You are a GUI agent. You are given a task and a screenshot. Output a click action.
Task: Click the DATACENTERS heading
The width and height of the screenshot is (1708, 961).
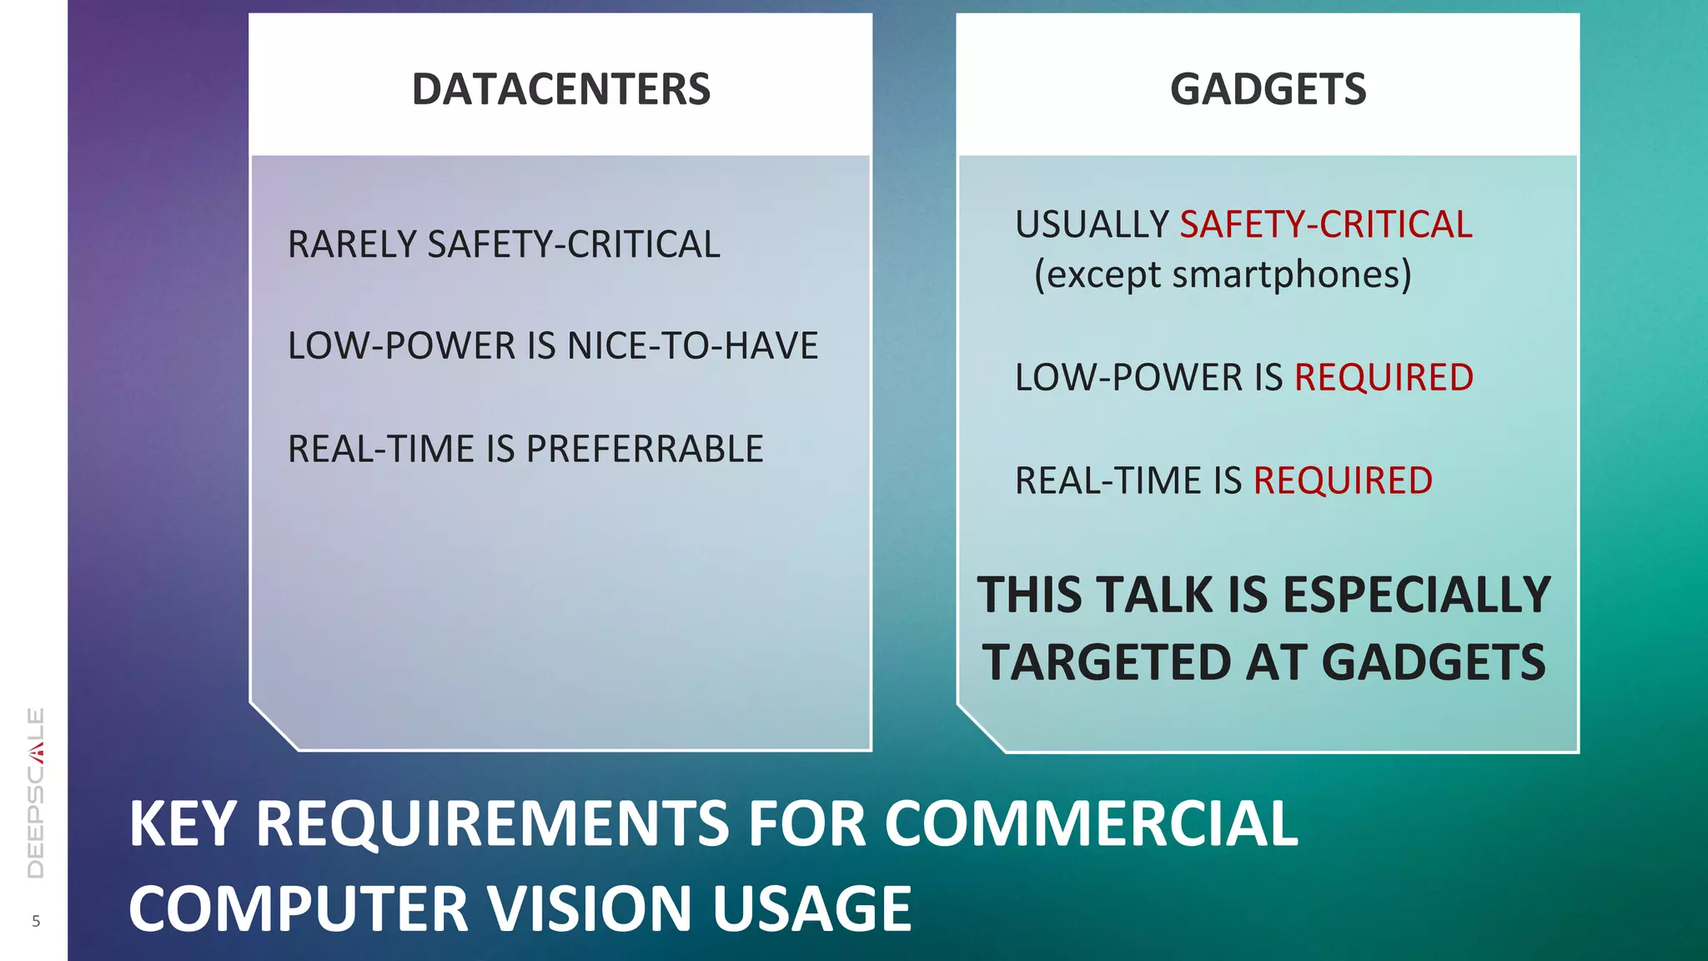click(560, 89)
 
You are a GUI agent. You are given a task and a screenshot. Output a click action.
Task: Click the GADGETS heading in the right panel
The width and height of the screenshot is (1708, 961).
click(1268, 89)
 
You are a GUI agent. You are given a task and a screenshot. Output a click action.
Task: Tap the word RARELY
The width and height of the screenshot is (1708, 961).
click(351, 244)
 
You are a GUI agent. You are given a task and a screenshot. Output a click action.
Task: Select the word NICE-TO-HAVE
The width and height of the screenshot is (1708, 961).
click(692, 346)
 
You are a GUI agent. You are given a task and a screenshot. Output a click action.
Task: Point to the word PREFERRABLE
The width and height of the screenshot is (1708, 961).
click(645, 449)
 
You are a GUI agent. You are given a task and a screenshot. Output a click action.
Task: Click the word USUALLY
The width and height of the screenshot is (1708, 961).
click(1092, 224)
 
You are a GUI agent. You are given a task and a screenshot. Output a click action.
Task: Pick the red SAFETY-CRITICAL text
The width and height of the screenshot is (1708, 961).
click(1326, 224)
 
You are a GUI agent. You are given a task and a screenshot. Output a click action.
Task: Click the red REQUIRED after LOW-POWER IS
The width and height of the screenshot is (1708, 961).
click(1384, 377)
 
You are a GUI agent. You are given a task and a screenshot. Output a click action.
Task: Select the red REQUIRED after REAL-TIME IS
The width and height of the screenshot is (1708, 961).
click(1343, 480)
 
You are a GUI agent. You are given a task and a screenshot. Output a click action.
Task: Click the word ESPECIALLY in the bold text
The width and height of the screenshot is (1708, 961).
click(1416, 595)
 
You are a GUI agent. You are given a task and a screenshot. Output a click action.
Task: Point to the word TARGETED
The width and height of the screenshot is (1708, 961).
click(1106, 662)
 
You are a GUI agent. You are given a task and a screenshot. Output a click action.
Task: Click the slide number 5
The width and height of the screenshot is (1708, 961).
click(36, 921)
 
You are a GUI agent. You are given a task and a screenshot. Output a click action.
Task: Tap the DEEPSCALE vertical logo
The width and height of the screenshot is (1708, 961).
click(36, 792)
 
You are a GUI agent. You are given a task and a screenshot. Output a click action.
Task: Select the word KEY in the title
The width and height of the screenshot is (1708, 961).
click(183, 824)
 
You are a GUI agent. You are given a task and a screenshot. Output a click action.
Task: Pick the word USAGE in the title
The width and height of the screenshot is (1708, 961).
click(811, 908)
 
